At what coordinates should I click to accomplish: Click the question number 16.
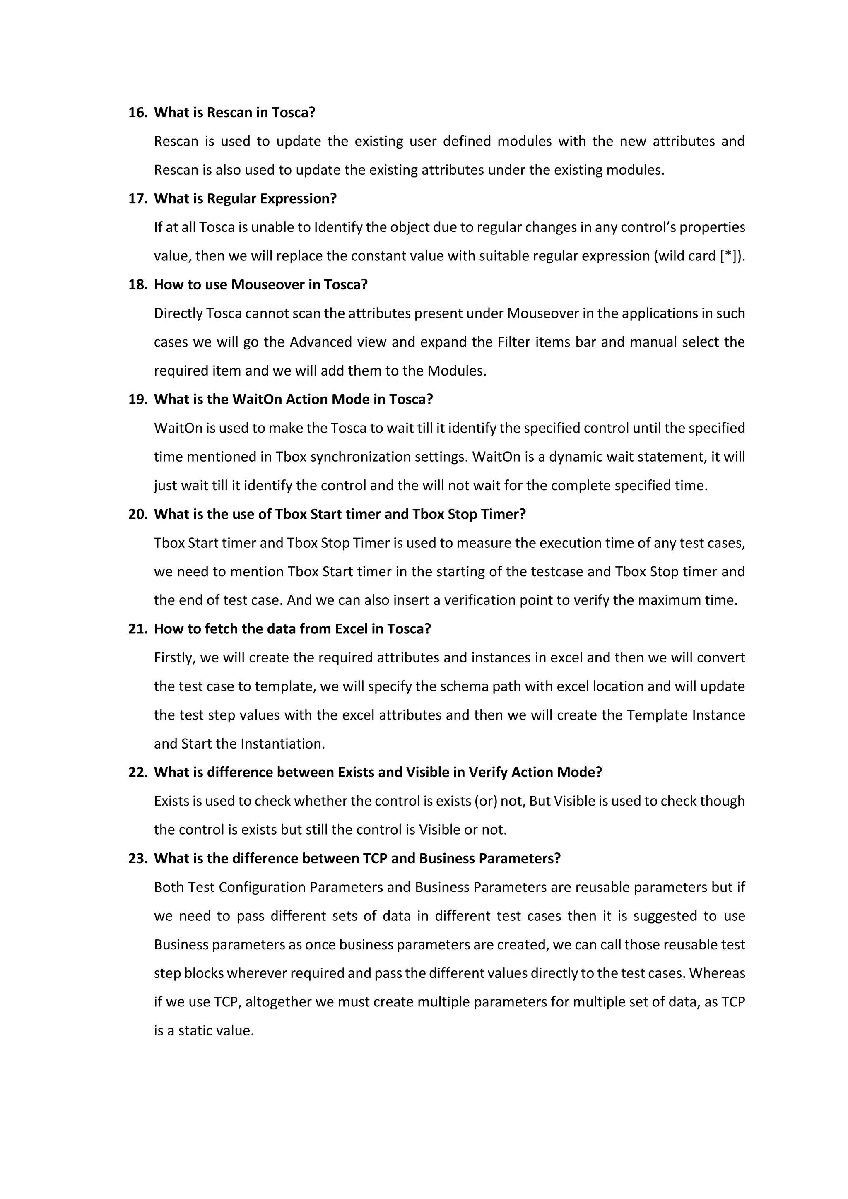[138, 113]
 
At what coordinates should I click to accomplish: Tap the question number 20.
[138, 514]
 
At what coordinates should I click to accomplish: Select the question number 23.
[138, 859]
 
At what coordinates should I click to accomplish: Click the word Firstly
[174, 658]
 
